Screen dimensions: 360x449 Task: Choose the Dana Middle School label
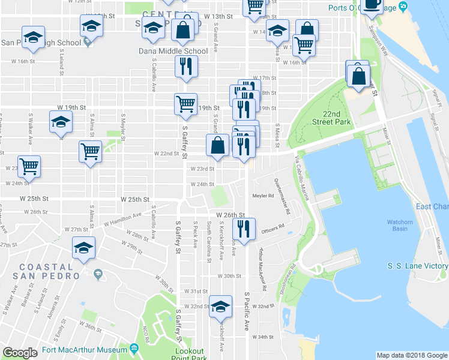173,51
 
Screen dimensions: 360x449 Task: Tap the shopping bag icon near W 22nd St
217,145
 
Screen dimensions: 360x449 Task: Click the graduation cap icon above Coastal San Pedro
83,247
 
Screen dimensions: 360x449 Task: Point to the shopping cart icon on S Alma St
90,151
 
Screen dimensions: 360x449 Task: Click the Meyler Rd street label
263,196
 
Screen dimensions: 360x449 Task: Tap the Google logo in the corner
20,353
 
